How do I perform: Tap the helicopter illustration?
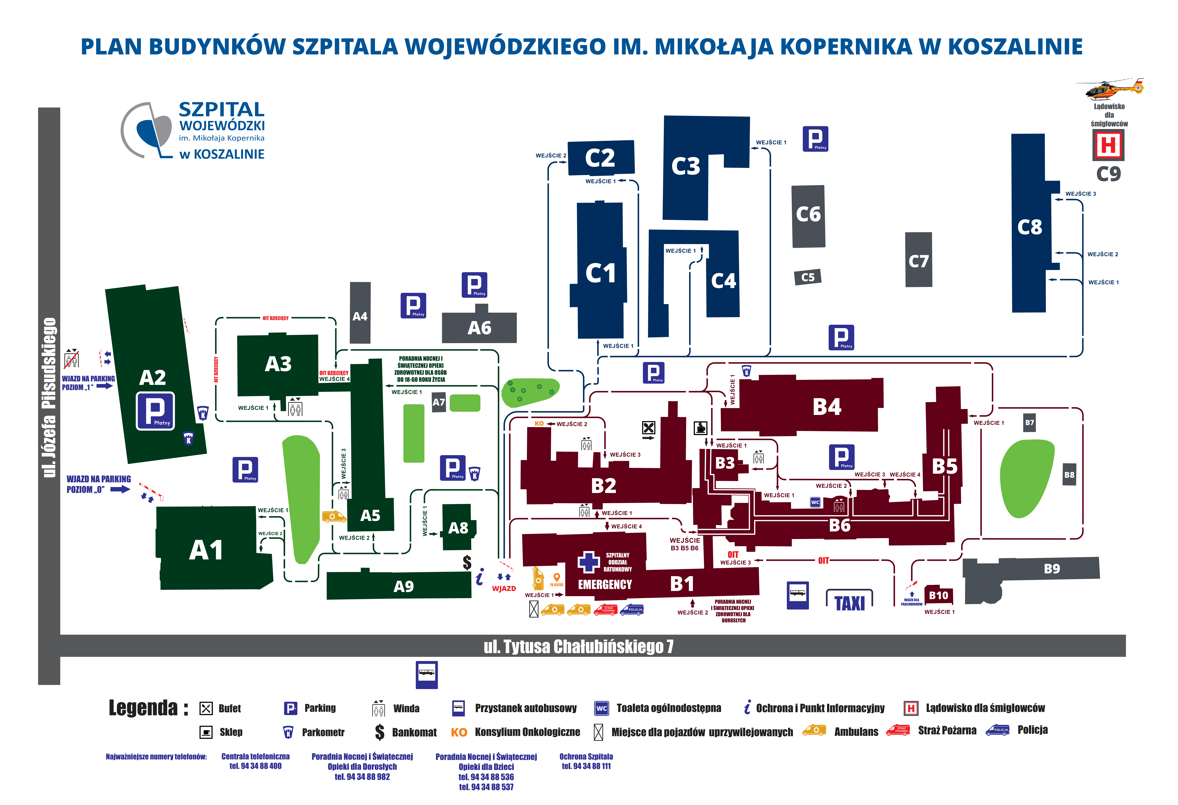click(x=1110, y=89)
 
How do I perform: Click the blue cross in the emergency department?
click(x=588, y=562)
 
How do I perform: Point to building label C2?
click(x=600, y=158)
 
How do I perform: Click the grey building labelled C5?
click(x=807, y=277)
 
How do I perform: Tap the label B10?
click(x=938, y=596)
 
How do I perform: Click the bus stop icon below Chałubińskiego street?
click(x=426, y=674)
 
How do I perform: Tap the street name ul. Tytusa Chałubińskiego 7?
click(x=578, y=646)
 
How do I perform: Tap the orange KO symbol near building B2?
click(x=539, y=424)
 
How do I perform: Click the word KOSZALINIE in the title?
click(x=1015, y=47)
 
